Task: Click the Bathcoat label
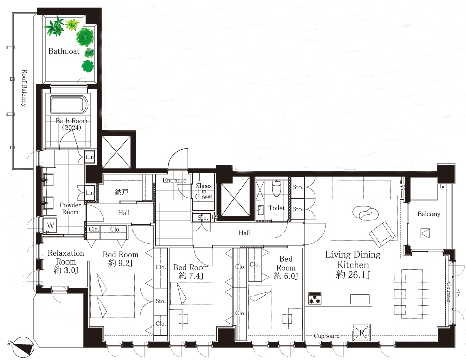point(64,51)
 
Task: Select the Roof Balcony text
point(24,88)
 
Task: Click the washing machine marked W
point(50,225)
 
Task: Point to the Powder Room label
point(70,208)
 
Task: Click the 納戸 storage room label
point(121,192)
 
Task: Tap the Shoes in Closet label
point(204,191)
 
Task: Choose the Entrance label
point(175,180)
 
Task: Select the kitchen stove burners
point(315,299)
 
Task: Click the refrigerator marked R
point(362,333)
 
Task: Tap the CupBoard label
point(326,336)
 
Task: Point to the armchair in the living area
point(383,234)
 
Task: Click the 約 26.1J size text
point(353,274)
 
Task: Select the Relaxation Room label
point(65,257)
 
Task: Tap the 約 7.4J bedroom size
point(191,276)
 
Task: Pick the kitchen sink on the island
point(359,299)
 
